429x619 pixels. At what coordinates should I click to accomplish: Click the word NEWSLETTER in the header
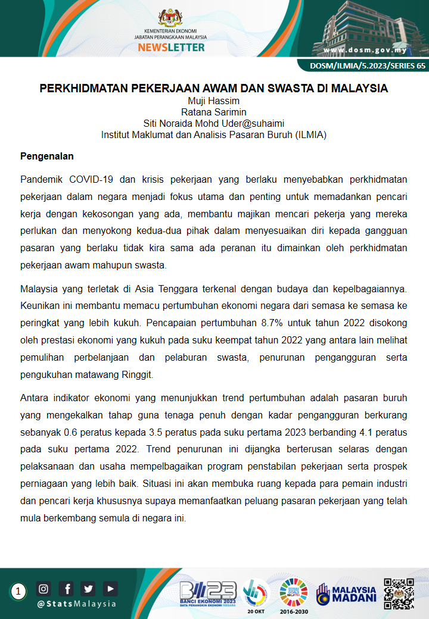170,47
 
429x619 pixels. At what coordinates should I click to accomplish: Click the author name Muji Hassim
214,101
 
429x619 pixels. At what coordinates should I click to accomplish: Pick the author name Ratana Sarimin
214,112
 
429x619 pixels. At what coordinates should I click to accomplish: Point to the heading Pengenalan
47,157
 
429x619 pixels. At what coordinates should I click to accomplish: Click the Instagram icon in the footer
43,589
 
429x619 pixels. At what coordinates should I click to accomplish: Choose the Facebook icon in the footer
67,589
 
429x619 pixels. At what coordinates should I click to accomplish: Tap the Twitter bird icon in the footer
89,589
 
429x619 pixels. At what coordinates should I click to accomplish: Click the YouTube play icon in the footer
110,589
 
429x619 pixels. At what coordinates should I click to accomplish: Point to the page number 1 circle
19,592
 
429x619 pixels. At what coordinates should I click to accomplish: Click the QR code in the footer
399,593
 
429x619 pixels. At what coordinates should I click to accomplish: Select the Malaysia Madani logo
347,593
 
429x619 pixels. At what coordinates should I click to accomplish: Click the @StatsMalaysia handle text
77,604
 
